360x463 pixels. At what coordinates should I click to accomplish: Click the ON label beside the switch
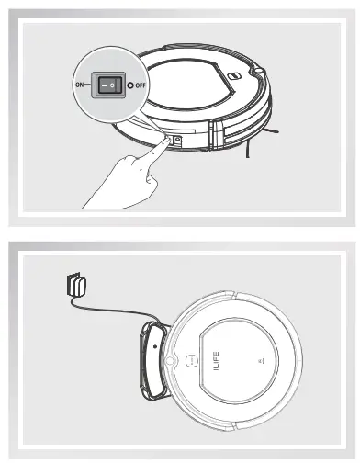point(78,84)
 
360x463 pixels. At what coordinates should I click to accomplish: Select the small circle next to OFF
point(131,85)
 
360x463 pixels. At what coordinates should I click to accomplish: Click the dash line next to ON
point(90,84)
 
